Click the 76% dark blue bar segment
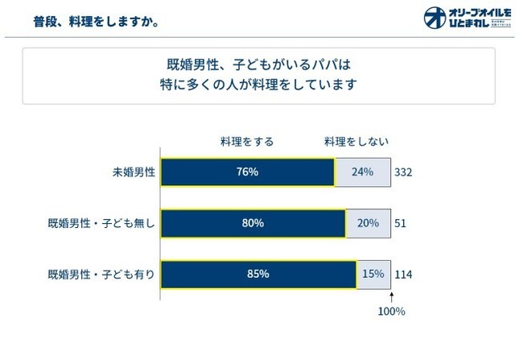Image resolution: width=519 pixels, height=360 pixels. pos(248,172)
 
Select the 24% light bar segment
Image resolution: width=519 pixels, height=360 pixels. pos(362,172)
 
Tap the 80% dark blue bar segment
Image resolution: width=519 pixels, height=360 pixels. pos(253,223)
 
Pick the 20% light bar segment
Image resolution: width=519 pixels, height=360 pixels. pos(368,223)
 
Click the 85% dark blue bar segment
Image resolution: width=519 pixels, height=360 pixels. pos(258,275)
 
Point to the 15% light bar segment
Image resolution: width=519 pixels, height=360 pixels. pos(373,275)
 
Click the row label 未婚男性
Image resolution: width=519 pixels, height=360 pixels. pos(134,172)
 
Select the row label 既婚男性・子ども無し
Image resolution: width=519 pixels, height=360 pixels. pos(101,223)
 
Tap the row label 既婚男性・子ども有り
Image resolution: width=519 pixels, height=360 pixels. pos(101,275)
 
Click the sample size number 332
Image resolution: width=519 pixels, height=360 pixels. pos(403,172)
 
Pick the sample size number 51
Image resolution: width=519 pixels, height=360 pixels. pos(400,223)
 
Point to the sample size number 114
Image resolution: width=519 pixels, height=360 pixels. pos(403,275)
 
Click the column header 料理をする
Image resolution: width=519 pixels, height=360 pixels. pos(247,142)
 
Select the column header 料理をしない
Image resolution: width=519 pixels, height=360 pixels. pos(356,142)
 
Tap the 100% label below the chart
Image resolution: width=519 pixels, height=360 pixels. pos(392,311)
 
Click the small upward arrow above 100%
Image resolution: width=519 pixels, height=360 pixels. pos(392,296)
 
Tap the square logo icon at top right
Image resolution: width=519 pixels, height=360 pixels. pos(435,18)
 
